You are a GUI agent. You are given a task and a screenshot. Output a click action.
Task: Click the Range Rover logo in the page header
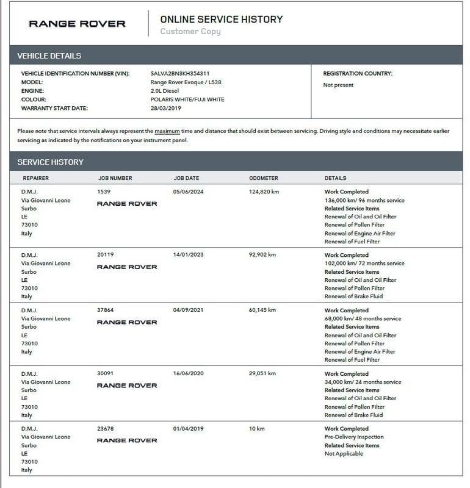77,24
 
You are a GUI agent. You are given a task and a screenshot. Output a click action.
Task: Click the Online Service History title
221,19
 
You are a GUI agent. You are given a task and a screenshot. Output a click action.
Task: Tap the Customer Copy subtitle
190,32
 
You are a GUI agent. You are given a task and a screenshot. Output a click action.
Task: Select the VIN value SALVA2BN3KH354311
180,73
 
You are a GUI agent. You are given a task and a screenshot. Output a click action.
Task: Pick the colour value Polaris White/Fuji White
187,99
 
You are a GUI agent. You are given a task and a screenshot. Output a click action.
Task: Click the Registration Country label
358,73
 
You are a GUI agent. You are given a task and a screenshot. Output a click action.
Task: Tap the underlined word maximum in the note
167,131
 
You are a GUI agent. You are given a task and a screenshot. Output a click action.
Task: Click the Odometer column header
264,178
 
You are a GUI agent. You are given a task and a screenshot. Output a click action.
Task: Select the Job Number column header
115,178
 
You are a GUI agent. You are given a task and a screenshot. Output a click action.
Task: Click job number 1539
104,192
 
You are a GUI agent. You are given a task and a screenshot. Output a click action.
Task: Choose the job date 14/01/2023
189,255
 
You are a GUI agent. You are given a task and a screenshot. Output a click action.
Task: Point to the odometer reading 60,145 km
264,310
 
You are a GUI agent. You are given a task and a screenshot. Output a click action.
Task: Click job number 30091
106,373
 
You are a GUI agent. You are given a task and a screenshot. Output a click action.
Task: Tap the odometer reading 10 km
257,428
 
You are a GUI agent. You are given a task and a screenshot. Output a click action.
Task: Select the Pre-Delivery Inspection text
354,437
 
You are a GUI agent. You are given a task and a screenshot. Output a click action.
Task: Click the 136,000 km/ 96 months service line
364,200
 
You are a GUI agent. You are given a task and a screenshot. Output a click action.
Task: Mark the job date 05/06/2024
189,192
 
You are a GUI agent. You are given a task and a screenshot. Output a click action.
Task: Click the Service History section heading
51,162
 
